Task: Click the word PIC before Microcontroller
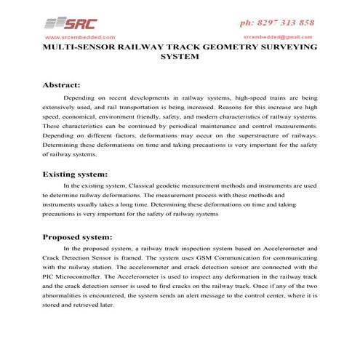point(50,277)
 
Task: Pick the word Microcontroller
point(86,277)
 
